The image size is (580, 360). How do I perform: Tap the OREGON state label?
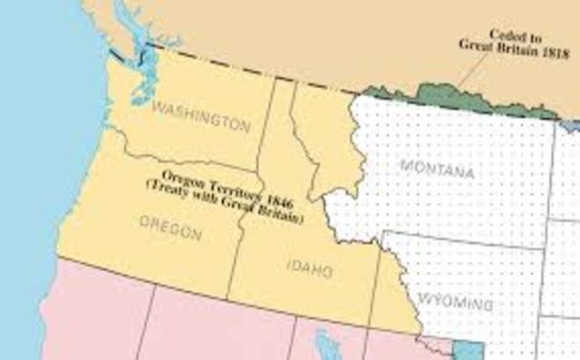click(170, 230)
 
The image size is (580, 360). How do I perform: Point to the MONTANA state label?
click(437, 170)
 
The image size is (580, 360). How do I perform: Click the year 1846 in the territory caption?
click(277, 197)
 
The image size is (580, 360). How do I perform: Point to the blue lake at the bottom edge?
click(327, 345)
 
